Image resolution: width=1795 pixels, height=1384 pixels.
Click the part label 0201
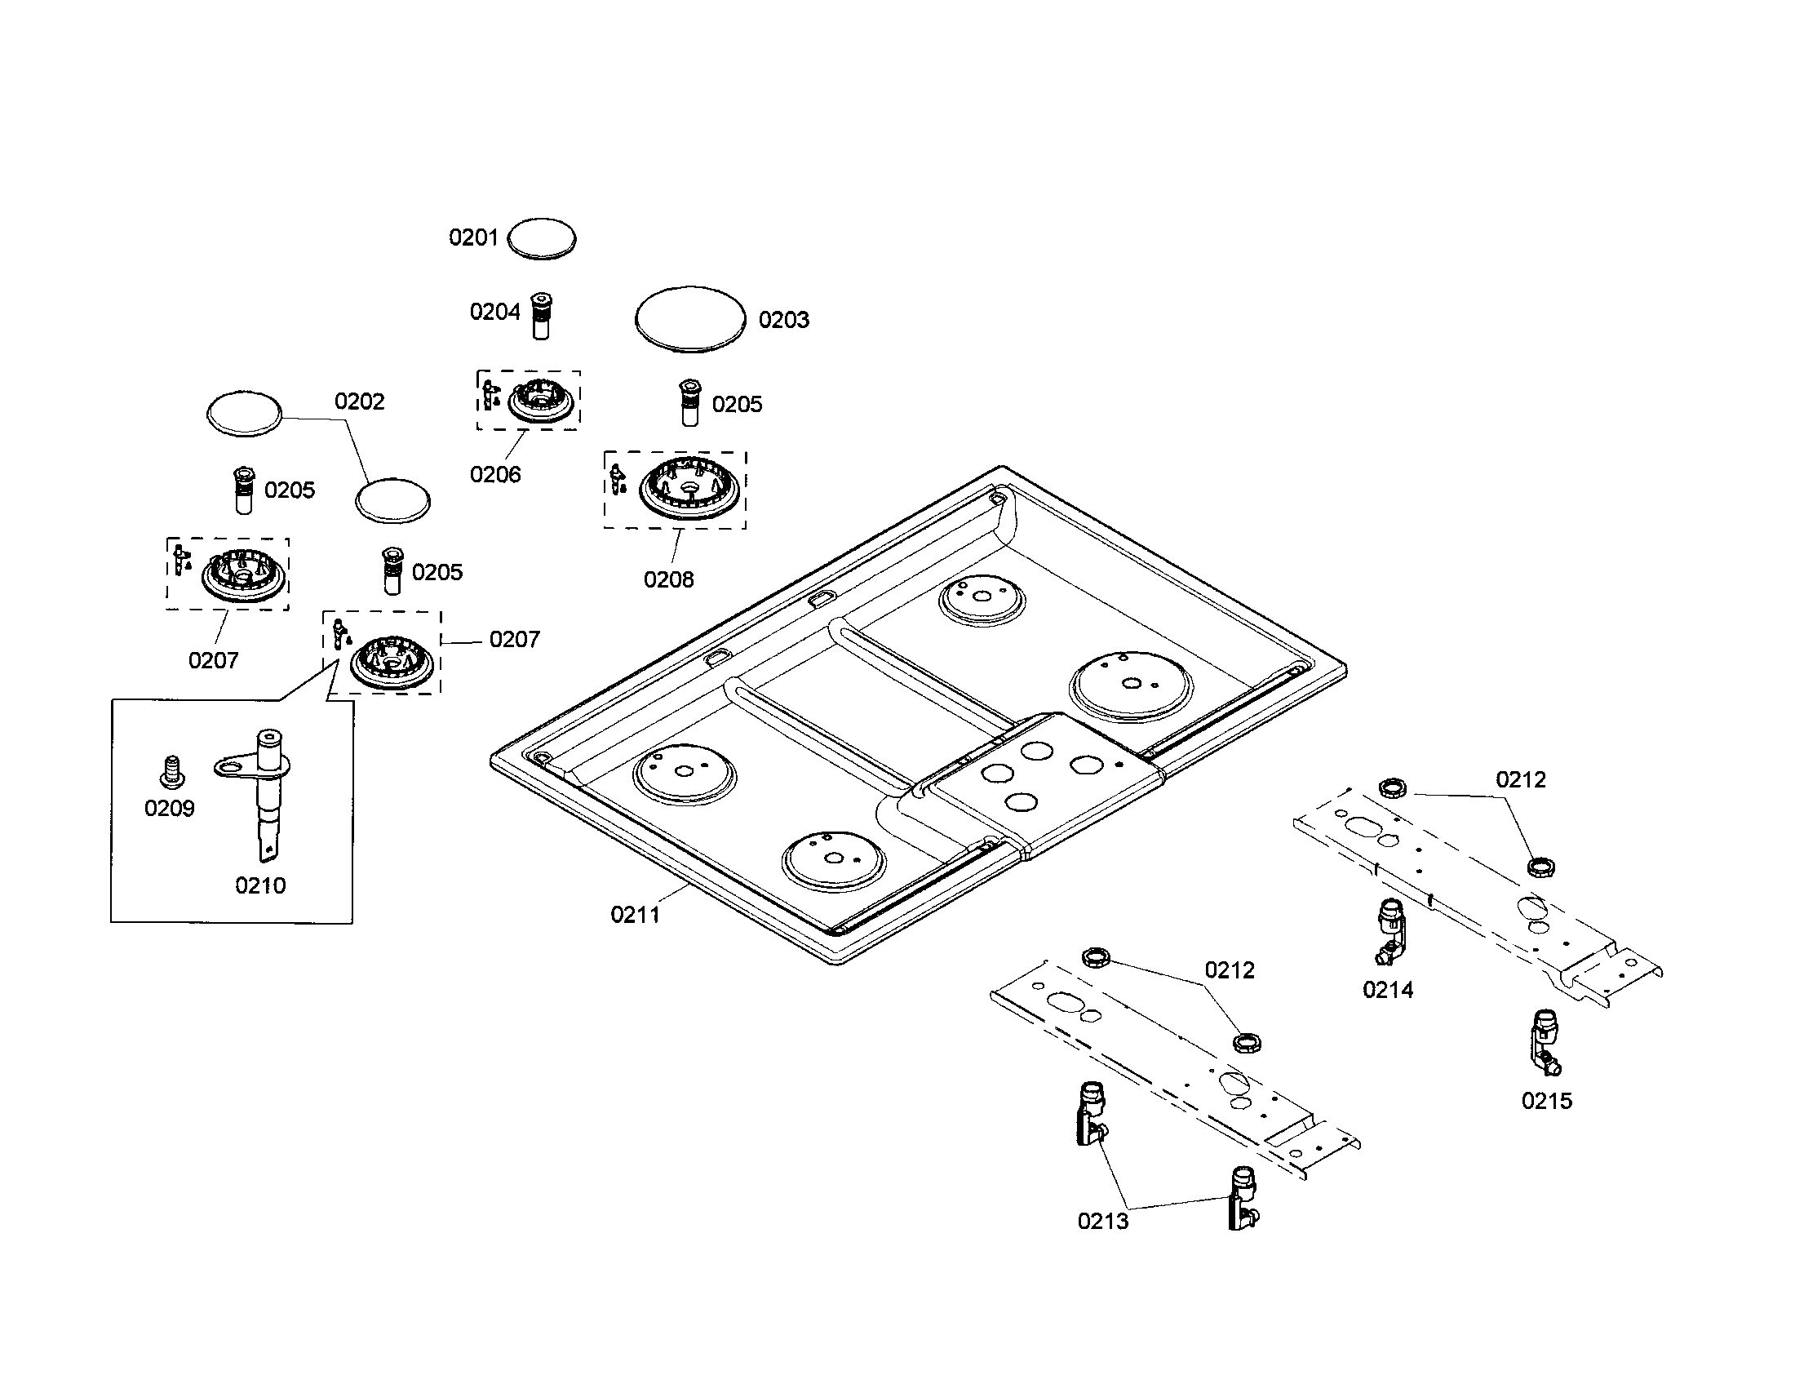point(473,237)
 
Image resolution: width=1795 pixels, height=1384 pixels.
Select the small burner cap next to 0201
point(542,239)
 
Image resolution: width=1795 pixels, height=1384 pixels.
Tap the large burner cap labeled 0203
point(690,320)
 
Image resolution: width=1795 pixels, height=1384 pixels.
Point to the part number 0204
point(494,312)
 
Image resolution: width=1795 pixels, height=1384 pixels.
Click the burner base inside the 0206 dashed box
point(539,401)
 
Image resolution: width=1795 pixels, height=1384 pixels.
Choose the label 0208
point(668,579)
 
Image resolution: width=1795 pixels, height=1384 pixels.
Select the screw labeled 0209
point(171,770)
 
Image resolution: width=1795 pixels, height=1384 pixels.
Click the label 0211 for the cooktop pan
point(636,915)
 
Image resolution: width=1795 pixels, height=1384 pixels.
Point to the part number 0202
point(359,401)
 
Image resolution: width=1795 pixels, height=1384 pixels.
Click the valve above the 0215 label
point(1545,1043)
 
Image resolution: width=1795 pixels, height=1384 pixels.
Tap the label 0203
point(783,320)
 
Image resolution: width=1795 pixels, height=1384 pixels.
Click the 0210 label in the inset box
point(260,885)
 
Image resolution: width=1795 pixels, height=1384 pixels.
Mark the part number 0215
point(1547,1101)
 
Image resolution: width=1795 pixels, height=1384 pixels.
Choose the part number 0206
point(495,474)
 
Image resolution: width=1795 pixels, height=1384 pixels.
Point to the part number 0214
point(1388,990)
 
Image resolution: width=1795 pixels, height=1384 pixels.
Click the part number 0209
point(170,808)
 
